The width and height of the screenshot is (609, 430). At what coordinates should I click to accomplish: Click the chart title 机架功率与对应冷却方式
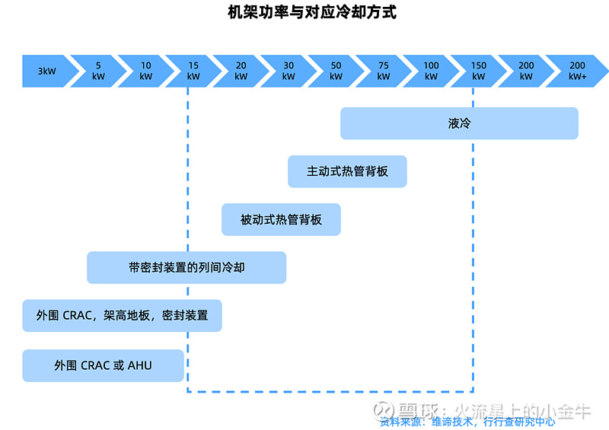coord(312,13)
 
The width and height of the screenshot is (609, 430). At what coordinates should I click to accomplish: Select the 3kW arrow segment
coord(47,71)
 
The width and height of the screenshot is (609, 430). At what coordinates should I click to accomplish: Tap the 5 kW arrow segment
coord(98,71)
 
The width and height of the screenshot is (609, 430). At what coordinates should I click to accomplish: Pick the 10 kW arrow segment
coord(145,71)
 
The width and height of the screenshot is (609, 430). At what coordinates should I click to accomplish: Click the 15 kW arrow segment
coord(193,71)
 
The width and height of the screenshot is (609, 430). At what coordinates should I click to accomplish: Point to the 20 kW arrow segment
coord(241,71)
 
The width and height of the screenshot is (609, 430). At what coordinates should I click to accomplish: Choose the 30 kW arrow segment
coord(289,71)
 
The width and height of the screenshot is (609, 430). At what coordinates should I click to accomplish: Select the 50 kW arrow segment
coord(336,71)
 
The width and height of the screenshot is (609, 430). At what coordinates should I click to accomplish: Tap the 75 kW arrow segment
coord(384,71)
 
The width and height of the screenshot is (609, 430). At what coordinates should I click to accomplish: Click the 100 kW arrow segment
coord(431,71)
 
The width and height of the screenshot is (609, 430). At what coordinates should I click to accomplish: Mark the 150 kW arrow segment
coord(479,71)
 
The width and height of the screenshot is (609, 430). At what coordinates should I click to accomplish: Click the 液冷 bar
coord(459,123)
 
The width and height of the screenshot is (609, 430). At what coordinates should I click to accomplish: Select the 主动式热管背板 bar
coord(347,171)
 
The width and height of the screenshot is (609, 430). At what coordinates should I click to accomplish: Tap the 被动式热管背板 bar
coord(281,219)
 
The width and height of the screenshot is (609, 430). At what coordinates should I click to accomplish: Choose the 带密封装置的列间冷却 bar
coord(187,268)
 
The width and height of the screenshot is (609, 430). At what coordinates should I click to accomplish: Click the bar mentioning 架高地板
coord(122,315)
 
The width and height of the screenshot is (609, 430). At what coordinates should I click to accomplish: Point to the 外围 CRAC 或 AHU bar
coord(103,365)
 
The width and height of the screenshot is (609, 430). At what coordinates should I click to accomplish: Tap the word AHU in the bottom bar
coord(139,365)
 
